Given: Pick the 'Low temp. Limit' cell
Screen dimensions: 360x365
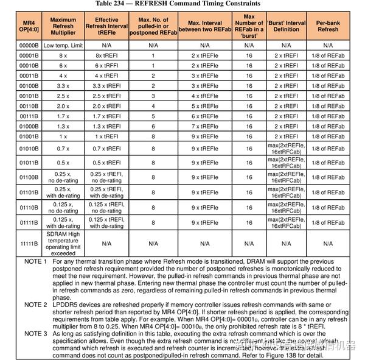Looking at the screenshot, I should click(x=63, y=45).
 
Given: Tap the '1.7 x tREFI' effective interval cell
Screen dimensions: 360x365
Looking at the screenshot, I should click(x=107, y=116).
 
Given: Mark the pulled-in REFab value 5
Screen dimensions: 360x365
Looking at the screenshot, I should click(x=153, y=116).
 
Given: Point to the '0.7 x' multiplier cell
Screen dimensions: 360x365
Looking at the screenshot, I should click(x=63, y=148).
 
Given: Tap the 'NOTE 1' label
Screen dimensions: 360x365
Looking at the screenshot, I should click(x=35, y=261).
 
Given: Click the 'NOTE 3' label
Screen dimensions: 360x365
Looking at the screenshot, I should click(x=35, y=334).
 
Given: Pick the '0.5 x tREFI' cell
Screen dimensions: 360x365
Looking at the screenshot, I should click(x=107, y=163).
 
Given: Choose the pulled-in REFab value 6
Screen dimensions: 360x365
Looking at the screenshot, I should click(x=153, y=126).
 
